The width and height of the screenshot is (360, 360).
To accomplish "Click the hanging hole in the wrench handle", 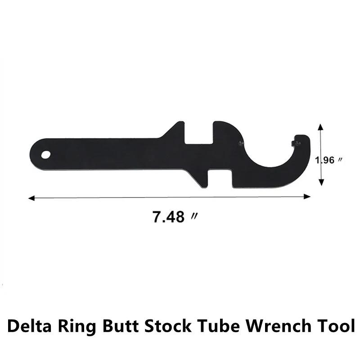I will click(x=46, y=154).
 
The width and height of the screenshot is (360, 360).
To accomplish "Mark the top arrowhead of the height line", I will click(x=320, y=127).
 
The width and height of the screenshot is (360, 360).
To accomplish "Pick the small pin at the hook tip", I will click(x=296, y=143).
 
